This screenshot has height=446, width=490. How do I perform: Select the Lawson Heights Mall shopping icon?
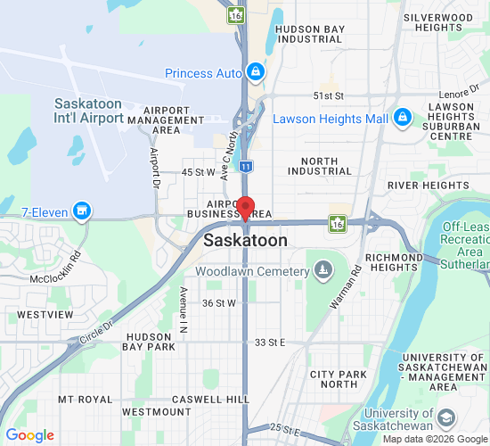[402, 118]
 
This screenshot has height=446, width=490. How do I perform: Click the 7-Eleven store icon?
[82, 211]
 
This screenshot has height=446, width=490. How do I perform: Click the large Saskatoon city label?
[246, 241]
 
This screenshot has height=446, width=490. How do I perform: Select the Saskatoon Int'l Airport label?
[88, 110]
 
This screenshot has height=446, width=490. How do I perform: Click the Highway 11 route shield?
[246, 166]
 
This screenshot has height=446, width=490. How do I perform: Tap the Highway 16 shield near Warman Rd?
[338, 222]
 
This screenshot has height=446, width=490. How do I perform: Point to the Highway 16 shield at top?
[236, 14]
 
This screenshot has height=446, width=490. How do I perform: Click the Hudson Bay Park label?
[149, 343]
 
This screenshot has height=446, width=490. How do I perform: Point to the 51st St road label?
[328, 95]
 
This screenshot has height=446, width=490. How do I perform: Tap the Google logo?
[30, 435]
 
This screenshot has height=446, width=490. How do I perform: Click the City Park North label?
[338, 379]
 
